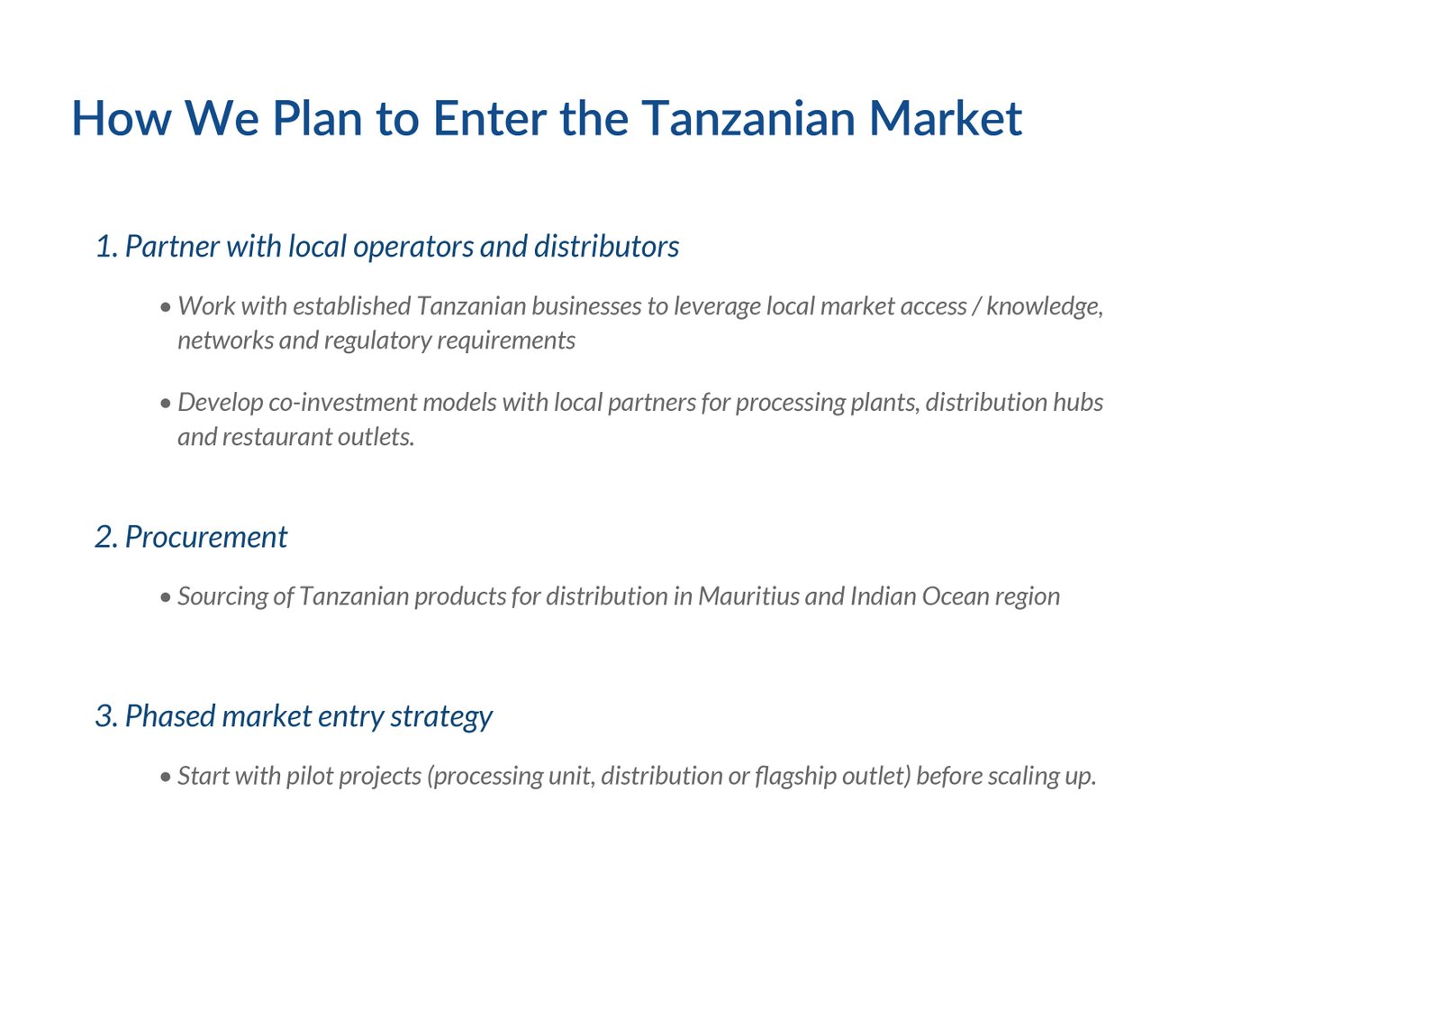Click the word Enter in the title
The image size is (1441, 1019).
489,118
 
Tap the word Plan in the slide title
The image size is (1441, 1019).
317,118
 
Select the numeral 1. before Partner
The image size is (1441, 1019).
107,247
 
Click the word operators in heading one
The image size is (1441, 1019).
413,248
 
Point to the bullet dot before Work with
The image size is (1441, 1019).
166,307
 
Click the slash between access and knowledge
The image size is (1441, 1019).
976,306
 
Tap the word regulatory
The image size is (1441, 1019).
377,341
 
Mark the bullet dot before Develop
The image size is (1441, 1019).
166,404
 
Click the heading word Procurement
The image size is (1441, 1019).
206,538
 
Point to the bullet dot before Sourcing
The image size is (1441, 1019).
166,597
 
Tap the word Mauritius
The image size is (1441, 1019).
748,596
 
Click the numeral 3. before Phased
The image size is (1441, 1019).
106,716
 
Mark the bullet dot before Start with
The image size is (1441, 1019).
166,777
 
